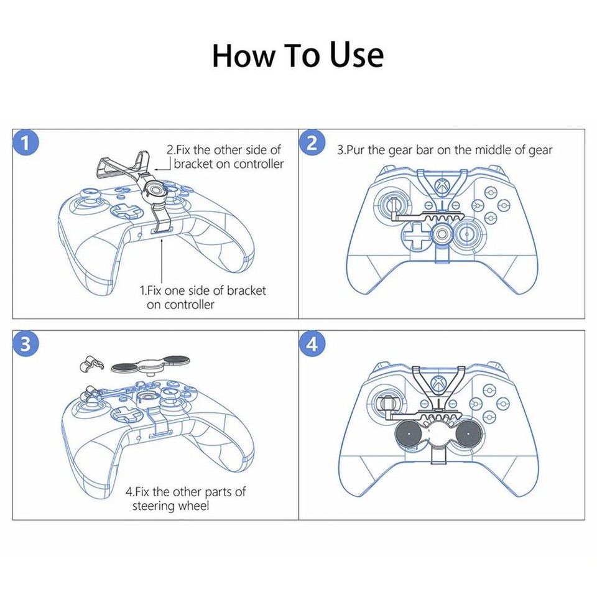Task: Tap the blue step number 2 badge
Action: (312, 143)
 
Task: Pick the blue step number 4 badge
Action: (312, 344)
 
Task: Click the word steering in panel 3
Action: (154, 506)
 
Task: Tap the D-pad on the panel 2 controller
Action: (413, 236)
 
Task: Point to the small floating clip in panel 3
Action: (90, 365)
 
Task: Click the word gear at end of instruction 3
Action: (539, 150)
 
